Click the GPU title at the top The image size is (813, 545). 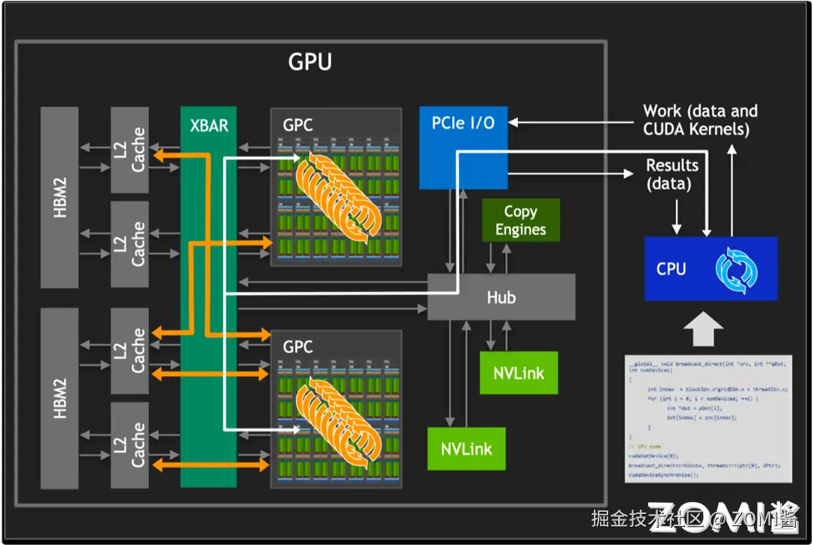(309, 62)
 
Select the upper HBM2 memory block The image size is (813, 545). (59, 196)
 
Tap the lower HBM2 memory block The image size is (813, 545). (59, 397)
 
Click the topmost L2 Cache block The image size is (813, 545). (129, 150)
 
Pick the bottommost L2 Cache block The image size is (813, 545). (129, 445)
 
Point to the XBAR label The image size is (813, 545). (209, 125)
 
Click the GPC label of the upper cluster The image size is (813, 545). (297, 125)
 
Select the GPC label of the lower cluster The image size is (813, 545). (297, 347)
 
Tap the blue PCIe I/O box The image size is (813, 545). (463, 148)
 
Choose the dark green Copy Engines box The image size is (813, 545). (520, 221)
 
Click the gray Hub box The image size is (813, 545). (501, 297)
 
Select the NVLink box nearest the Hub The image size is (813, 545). (519, 373)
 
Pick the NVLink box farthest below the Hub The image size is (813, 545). (466, 449)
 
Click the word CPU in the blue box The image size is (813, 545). (671, 269)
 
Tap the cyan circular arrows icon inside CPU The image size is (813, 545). (735, 269)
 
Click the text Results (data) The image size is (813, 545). (671, 174)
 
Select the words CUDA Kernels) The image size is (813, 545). (696, 129)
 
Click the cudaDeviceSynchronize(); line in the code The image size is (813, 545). (664, 475)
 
